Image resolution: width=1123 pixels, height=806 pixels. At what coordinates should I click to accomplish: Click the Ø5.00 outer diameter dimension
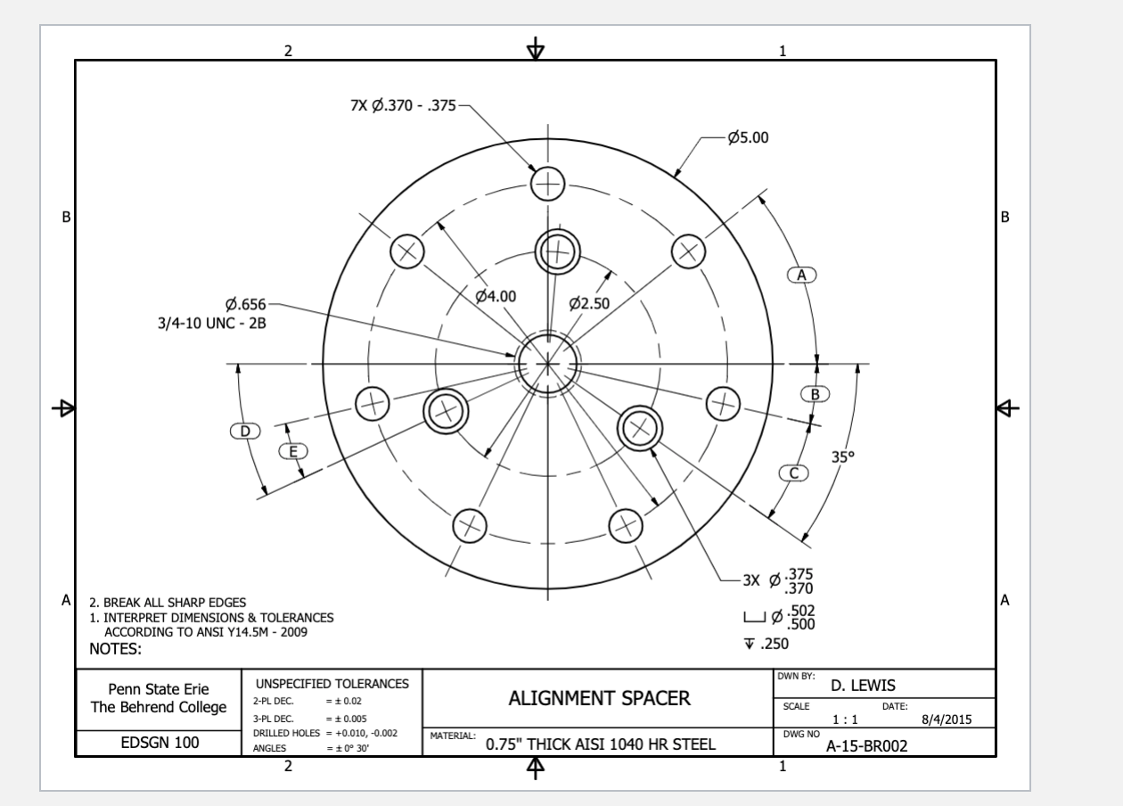click(748, 137)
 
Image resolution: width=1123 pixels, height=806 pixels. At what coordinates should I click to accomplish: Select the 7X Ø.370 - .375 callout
click(403, 105)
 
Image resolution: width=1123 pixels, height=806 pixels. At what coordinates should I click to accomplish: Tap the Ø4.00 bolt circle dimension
click(495, 296)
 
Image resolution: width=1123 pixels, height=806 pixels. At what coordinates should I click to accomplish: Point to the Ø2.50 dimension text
click(589, 303)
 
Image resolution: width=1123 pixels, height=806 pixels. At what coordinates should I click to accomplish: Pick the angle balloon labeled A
click(801, 275)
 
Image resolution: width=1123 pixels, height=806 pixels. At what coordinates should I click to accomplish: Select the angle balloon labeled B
click(815, 393)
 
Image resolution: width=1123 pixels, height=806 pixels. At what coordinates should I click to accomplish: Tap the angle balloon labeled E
click(292, 451)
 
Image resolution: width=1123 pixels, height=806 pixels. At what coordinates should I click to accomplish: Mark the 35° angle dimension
click(842, 456)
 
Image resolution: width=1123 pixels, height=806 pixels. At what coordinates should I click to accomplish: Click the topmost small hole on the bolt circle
click(548, 185)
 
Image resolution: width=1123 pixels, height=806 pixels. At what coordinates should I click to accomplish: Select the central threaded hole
click(547, 364)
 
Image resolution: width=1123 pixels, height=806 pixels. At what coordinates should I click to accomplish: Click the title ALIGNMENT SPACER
click(599, 698)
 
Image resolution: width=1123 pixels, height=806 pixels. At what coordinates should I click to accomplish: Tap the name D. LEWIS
click(863, 686)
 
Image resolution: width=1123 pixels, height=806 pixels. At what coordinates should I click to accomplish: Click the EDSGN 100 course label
click(158, 742)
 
